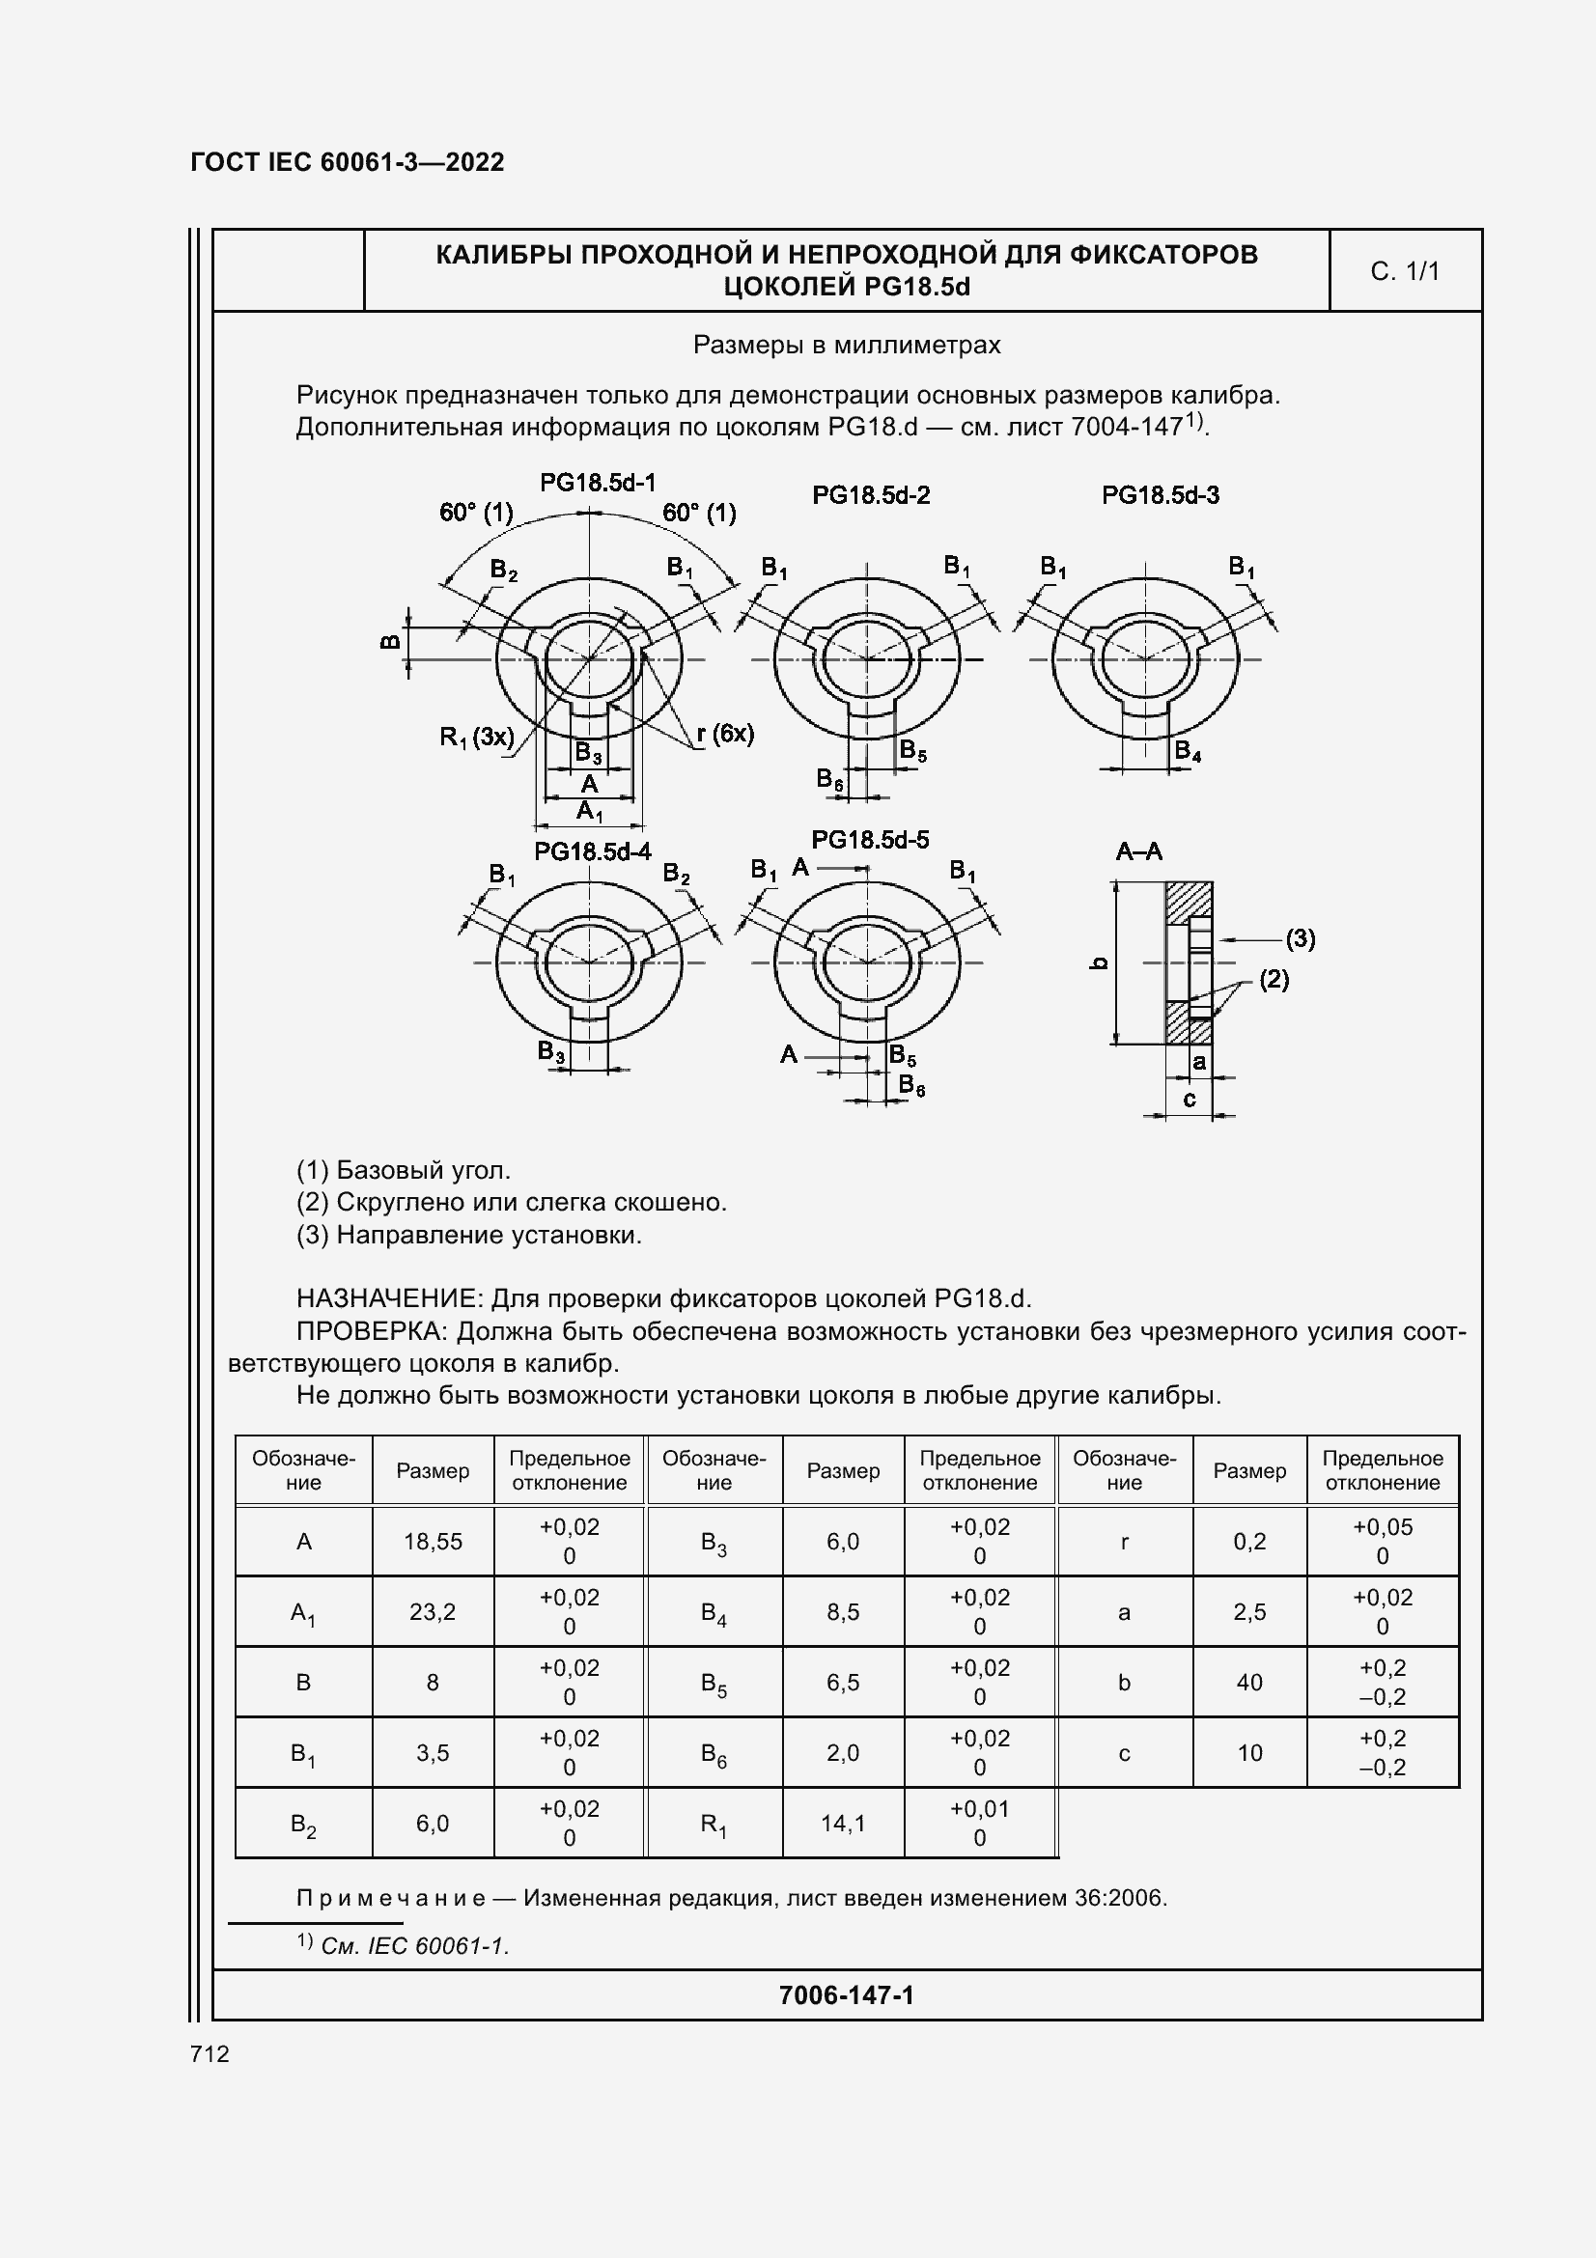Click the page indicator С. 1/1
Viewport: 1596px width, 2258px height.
coord(1404,271)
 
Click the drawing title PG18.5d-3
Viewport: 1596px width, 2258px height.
coord(1160,494)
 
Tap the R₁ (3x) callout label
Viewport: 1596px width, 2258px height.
coord(477,736)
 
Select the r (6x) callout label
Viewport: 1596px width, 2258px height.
coord(725,733)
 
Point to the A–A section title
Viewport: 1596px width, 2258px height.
coord(1138,851)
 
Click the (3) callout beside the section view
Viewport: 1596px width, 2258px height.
coord(1300,938)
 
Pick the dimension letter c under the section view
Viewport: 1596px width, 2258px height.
coord(1189,1099)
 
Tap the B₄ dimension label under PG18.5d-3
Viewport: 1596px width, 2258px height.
coord(1187,751)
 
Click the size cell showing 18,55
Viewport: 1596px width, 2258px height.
coord(433,1541)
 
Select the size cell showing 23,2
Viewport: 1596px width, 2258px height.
coord(433,1612)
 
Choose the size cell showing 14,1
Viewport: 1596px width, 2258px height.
coord(843,1825)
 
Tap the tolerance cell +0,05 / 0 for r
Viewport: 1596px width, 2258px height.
coord(1382,1541)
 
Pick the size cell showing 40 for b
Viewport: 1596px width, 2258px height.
coord(1248,1683)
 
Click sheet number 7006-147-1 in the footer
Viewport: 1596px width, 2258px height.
coord(846,1994)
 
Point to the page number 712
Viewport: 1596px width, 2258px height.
coord(210,2053)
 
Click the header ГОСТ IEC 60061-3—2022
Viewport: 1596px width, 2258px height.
coord(348,162)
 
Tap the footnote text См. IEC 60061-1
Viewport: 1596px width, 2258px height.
coord(414,1945)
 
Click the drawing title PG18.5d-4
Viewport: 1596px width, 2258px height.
coord(592,851)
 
